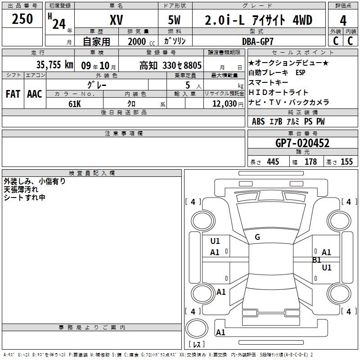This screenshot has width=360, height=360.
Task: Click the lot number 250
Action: click(x=22, y=19)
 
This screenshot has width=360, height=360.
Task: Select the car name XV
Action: click(x=116, y=20)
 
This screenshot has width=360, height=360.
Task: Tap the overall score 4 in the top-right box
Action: click(x=343, y=21)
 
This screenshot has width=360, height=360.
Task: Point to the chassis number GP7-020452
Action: click(x=302, y=143)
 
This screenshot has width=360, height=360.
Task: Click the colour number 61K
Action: click(x=75, y=103)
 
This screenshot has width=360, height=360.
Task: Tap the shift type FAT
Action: click(x=13, y=94)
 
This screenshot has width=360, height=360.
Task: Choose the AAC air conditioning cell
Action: click(x=35, y=94)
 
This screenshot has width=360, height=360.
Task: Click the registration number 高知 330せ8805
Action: click(x=171, y=65)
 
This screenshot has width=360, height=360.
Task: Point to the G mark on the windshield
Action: click(x=257, y=237)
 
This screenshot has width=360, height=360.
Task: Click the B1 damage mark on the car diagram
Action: click(x=316, y=260)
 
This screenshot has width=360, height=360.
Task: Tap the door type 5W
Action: click(x=175, y=20)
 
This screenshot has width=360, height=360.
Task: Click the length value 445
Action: click(x=273, y=162)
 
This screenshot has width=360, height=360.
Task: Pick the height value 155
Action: click(x=346, y=162)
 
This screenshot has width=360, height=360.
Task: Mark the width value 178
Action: click(x=310, y=162)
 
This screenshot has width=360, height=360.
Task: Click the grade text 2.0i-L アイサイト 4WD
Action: click(x=258, y=20)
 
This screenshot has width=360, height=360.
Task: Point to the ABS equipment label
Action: click(x=258, y=121)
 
